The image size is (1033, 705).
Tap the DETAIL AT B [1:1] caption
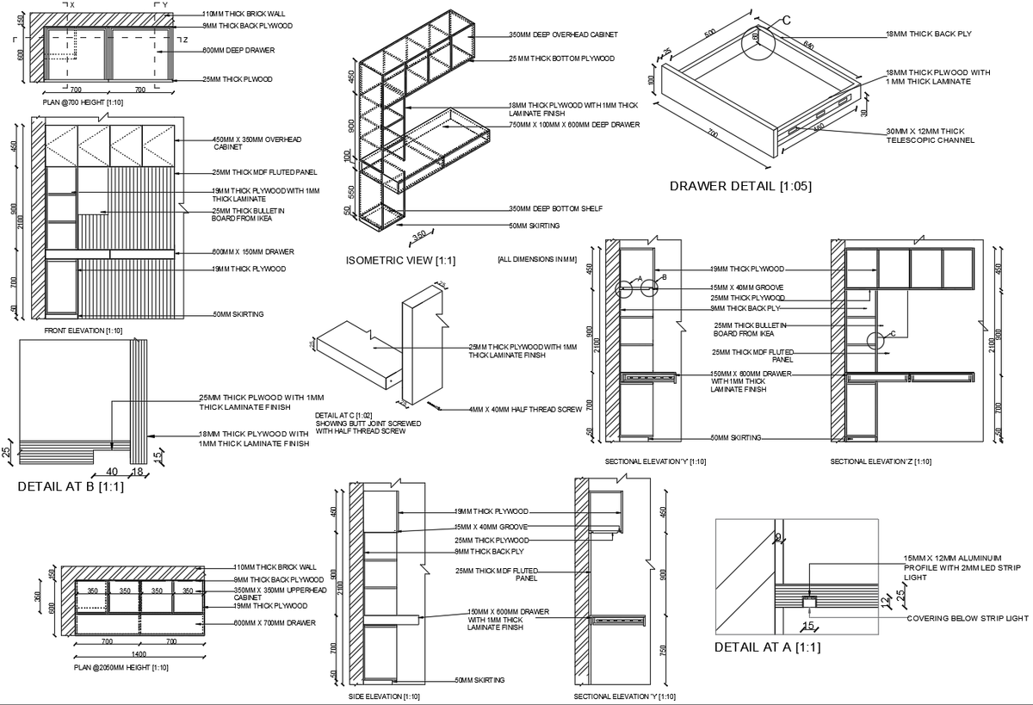pyautogui.click(x=71, y=486)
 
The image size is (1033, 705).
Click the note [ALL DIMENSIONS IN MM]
pyautogui.click(x=536, y=258)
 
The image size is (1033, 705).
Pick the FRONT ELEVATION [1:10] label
pyautogui.click(x=83, y=331)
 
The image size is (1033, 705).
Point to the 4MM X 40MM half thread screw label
pyautogui.click(x=525, y=410)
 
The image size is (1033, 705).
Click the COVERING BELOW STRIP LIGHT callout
pyautogui.click(x=968, y=618)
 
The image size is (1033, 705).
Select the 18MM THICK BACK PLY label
pyautogui.click(x=929, y=35)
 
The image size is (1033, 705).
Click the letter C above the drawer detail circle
pyautogui.click(x=786, y=20)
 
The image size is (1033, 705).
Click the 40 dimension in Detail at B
pyautogui.click(x=111, y=471)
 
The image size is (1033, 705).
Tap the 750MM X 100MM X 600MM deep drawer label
pyautogui.click(x=573, y=125)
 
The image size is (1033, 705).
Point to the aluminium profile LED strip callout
pyautogui.click(x=954, y=568)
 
